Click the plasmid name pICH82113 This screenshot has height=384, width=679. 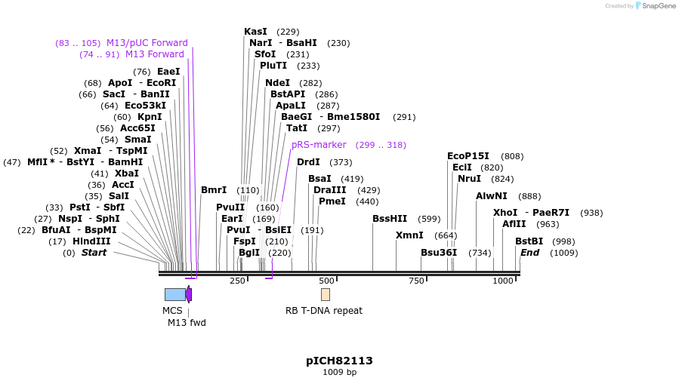[x=339, y=361]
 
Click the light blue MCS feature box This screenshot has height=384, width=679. [x=174, y=294]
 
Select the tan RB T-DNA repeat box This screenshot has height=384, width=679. [x=325, y=294]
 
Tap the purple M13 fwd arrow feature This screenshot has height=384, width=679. [x=189, y=294]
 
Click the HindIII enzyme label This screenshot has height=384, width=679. [x=91, y=241]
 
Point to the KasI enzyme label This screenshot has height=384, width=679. [x=255, y=32]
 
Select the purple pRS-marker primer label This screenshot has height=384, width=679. [x=319, y=145]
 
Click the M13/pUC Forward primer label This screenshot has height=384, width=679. [x=147, y=43]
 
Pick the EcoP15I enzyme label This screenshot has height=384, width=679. [x=468, y=156]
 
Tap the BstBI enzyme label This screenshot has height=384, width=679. [x=529, y=241]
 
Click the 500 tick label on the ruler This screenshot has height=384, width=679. [x=326, y=281]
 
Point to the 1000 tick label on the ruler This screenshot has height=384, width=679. [x=502, y=281]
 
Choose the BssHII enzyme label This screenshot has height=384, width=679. [x=390, y=219]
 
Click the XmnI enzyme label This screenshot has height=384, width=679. [x=409, y=235]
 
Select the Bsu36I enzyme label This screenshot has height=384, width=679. [x=439, y=253]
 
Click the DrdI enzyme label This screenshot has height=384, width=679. [x=308, y=162]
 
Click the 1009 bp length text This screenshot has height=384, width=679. [x=339, y=372]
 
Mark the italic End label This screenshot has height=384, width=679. [x=529, y=253]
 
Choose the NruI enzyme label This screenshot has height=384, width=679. [x=469, y=179]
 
